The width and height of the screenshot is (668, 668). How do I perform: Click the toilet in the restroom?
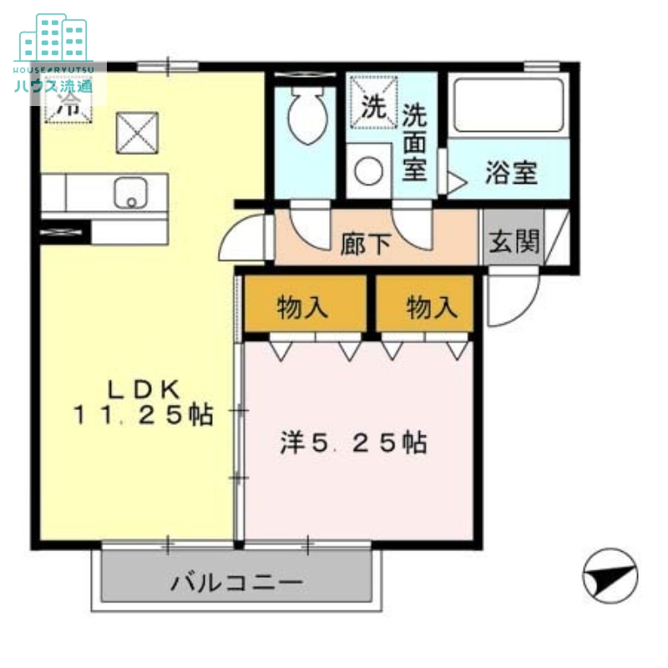pos(305,117)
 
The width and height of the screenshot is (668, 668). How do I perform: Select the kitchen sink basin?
pos(129,193)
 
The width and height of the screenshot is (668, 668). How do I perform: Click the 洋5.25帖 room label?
pos(352,442)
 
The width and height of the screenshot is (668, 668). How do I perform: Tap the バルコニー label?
pos(236,582)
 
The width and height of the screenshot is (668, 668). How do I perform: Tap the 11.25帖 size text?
pos(143,414)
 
